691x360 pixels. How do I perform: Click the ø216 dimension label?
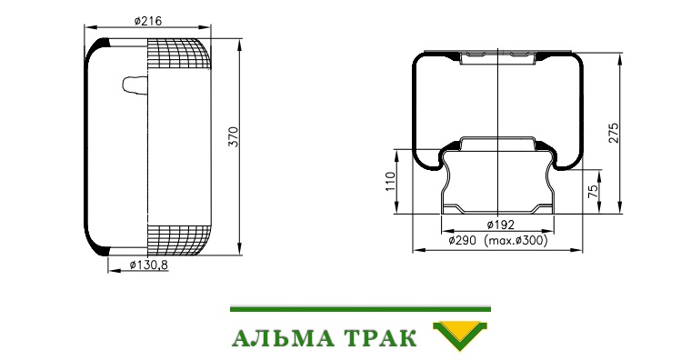[x=148, y=21]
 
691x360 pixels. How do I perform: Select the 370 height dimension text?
[x=233, y=136]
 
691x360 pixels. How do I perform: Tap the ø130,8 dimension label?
[x=149, y=265]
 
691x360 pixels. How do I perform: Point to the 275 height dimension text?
[x=614, y=132]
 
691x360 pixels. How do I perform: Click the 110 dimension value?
[x=390, y=181]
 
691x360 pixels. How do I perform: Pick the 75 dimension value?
[x=593, y=190]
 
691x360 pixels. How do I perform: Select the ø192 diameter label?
[x=501, y=225]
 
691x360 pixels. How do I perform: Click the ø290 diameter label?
[x=462, y=241]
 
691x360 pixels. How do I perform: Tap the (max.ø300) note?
[x=516, y=241]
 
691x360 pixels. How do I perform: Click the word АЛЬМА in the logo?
[x=283, y=338]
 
